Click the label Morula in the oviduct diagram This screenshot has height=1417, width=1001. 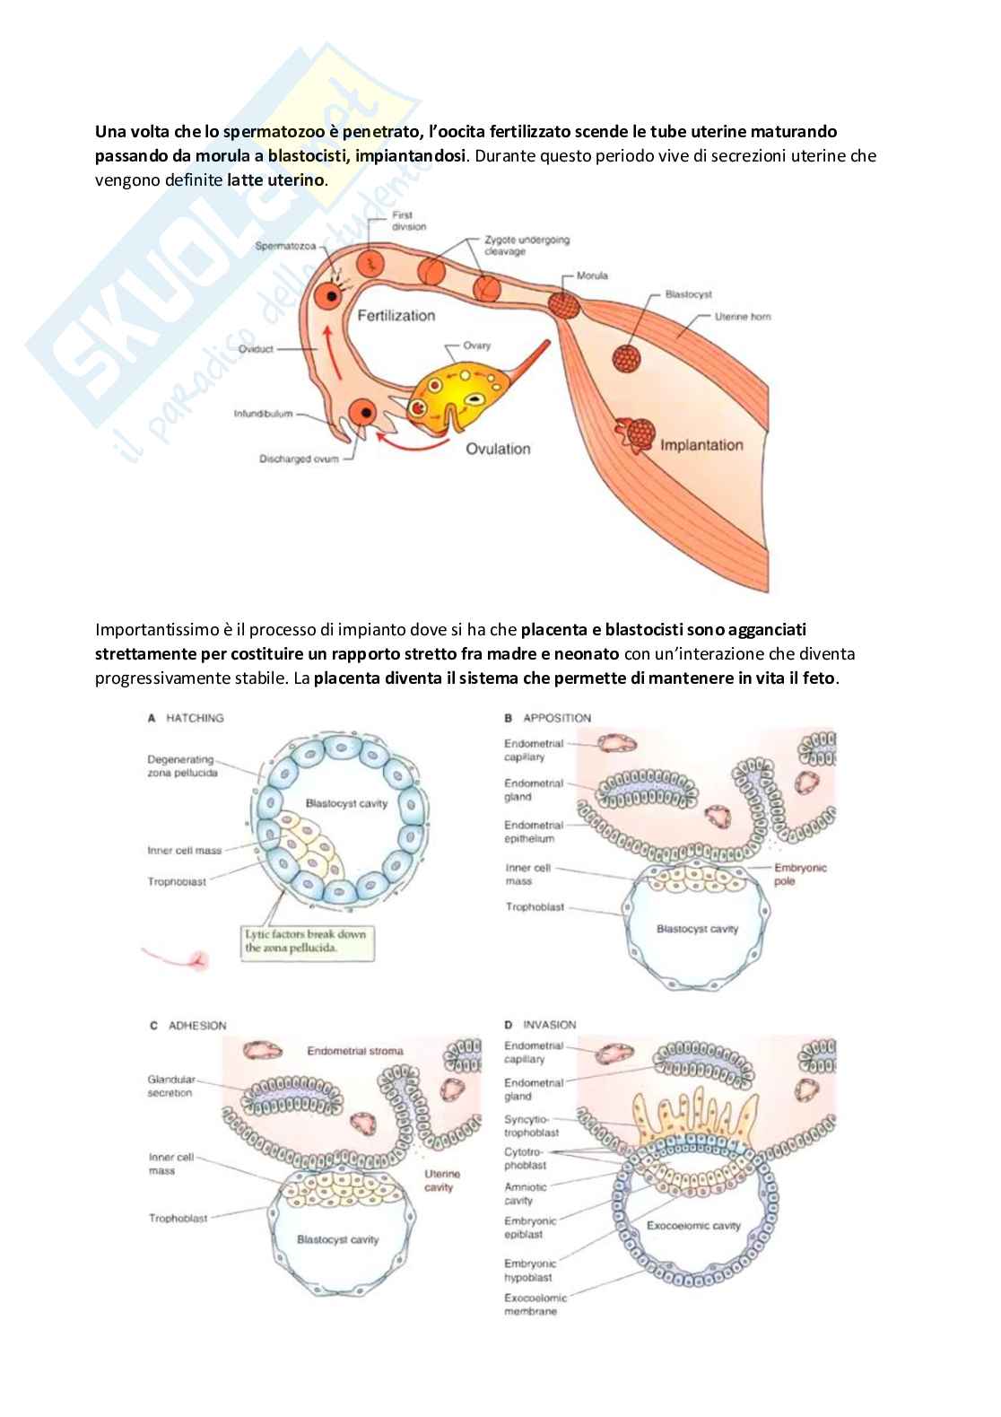tap(591, 276)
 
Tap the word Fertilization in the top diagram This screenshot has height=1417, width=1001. tap(396, 316)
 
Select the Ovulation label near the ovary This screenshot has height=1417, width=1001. tap(498, 449)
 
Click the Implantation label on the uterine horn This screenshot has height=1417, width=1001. tap(701, 445)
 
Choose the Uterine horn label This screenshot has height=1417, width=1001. tap(743, 317)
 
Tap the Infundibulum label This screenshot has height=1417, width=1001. tap(264, 415)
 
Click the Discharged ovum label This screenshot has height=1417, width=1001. tap(299, 459)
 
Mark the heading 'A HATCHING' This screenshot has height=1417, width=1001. tap(186, 718)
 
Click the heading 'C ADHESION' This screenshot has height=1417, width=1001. tap(187, 1026)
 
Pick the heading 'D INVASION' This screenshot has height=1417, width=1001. tap(540, 1025)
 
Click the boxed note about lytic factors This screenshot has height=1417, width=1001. tap(306, 940)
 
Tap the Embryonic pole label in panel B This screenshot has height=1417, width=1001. tap(800, 874)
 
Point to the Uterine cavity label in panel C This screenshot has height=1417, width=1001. tap(441, 1180)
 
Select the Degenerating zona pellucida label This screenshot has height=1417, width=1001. tap(182, 765)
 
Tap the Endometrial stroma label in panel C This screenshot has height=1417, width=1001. tap(355, 1050)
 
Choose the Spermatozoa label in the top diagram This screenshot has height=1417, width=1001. tap(286, 247)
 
